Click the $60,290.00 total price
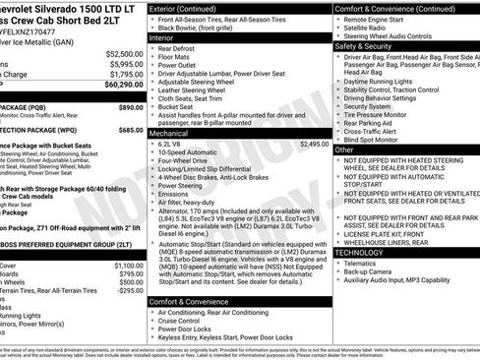coord(120,86)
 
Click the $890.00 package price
coord(131,106)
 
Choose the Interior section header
coord(162,37)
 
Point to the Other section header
coord(343,150)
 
